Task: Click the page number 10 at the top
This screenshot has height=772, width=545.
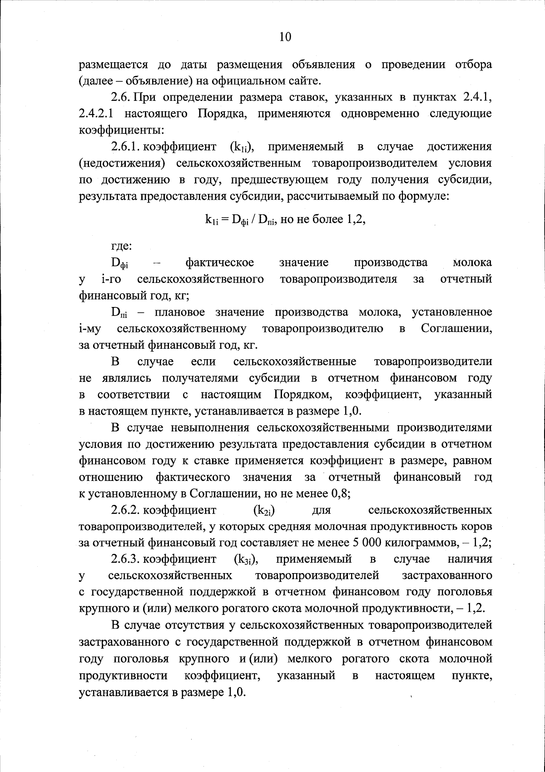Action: point(285,37)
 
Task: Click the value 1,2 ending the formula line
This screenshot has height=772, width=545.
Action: point(357,220)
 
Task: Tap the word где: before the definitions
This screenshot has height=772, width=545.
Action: point(121,247)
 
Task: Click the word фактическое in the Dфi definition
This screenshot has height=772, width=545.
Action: point(220,263)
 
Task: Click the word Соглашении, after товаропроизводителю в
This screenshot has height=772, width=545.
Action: point(456,328)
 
